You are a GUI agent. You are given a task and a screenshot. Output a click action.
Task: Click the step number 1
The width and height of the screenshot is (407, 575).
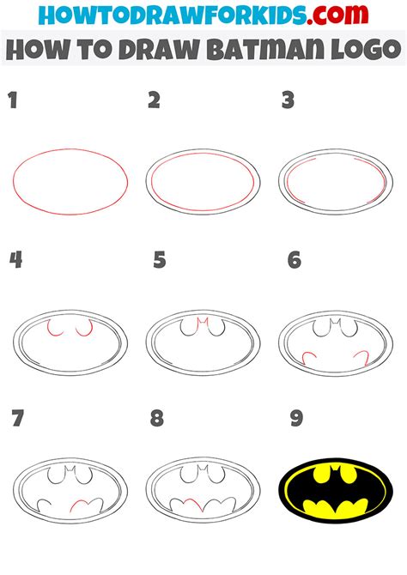(12, 101)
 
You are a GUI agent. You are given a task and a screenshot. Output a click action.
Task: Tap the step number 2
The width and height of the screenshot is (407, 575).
(154, 101)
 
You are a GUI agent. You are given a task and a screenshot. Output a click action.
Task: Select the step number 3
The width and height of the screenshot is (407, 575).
(289, 101)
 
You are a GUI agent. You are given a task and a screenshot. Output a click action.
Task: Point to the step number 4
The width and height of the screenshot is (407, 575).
(15, 259)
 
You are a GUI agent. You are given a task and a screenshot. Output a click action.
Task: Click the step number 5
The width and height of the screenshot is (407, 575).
(159, 259)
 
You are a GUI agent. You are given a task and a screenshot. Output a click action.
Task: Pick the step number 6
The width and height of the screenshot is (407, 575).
(294, 259)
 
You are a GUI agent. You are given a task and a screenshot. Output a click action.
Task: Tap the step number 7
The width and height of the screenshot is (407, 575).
(17, 419)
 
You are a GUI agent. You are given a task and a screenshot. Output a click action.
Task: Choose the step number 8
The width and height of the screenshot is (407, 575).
(156, 419)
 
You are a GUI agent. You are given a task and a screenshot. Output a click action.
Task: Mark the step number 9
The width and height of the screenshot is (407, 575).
(296, 419)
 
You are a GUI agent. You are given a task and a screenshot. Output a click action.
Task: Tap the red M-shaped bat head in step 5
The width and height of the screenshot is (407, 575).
(203, 322)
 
